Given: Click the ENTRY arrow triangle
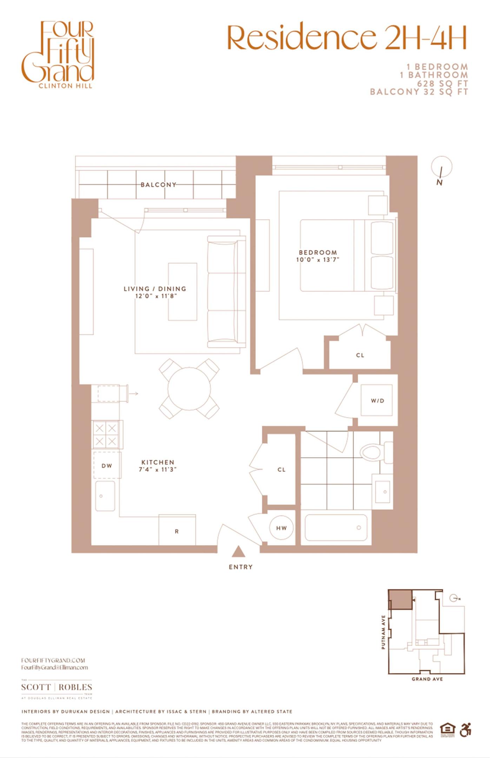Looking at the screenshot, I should tap(238, 552).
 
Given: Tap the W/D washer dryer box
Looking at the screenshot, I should tap(377, 400).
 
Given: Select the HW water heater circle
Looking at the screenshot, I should tap(282, 528).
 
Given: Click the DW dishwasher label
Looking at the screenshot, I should tap(107, 466).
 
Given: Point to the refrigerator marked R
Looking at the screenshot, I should tap(177, 531).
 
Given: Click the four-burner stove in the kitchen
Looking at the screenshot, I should tap(106, 434).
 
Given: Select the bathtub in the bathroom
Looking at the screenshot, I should tap(336, 528).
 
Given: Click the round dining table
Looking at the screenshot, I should tap(189, 388).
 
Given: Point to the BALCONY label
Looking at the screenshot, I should tap(158, 185).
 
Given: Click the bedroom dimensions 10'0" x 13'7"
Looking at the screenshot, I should tap(318, 260).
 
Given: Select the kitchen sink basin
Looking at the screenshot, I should tap(105, 496).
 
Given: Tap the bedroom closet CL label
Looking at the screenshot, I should tap(360, 355).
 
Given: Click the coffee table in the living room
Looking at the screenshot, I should tap(183, 292).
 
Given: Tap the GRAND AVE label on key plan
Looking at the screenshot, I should tap(427, 679).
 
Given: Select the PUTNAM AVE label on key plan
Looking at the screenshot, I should tap(383, 632).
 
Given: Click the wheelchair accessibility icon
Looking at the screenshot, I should tap(465, 730).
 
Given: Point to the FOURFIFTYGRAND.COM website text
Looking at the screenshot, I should tap(53, 660).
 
